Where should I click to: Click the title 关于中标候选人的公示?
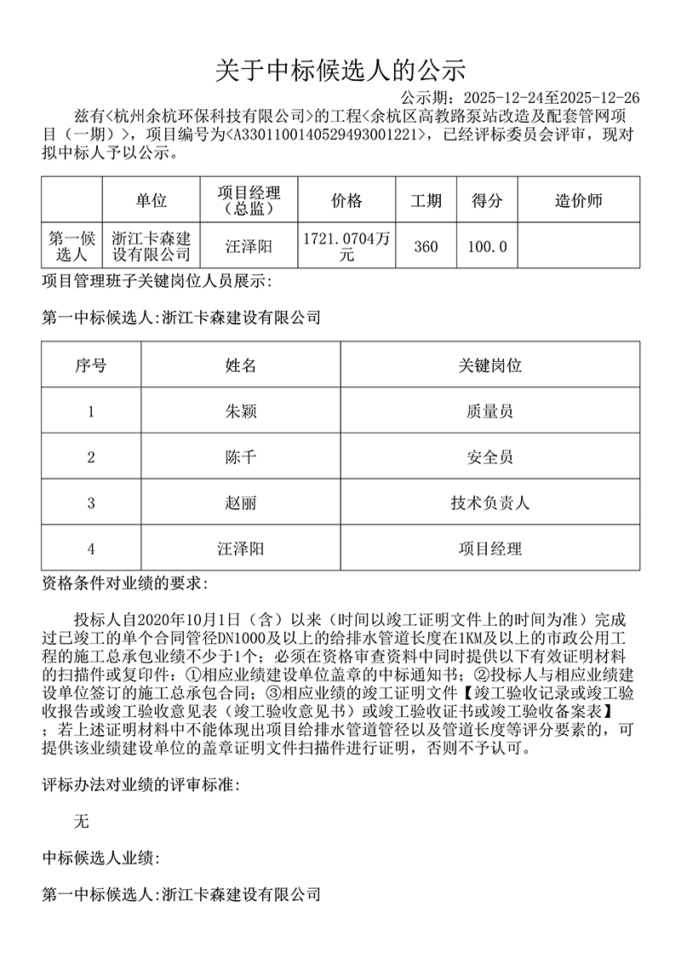(x=340, y=69)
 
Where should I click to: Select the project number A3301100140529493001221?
(x=326, y=135)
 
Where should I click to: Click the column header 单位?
(x=151, y=201)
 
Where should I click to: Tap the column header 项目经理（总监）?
(x=249, y=201)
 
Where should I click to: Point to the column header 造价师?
(x=578, y=201)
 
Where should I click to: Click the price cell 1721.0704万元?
(x=346, y=246)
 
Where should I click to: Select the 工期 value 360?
(x=426, y=247)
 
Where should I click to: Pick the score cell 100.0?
(x=487, y=247)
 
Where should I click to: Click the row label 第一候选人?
(x=72, y=246)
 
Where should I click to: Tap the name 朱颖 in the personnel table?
(x=240, y=411)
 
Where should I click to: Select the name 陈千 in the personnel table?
(x=240, y=457)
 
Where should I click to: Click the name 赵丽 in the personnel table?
(x=240, y=503)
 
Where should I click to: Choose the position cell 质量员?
(x=489, y=411)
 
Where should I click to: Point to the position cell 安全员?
(x=489, y=457)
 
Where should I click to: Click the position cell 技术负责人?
(x=489, y=503)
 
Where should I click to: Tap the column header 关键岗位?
(x=489, y=366)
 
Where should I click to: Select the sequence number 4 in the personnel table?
(x=91, y=549)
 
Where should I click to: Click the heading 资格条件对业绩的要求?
(x=123, y=584)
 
